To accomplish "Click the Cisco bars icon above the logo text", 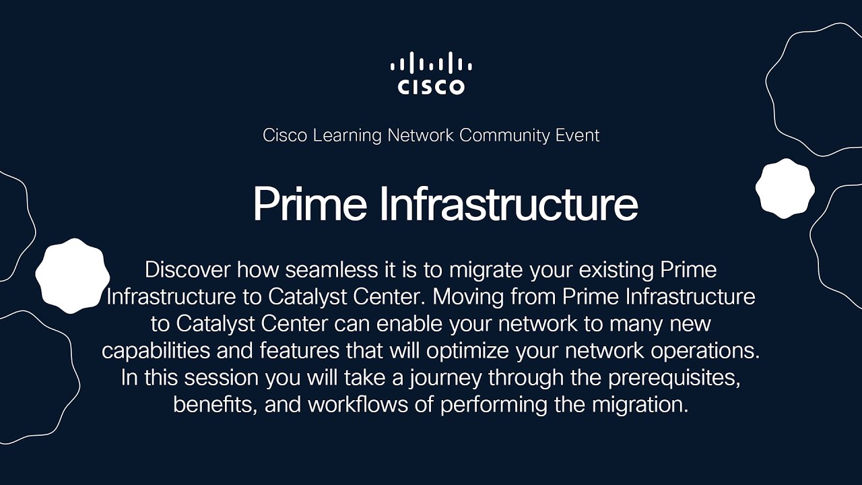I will tap(431, 64).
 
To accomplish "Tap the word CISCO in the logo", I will tap(431, 87).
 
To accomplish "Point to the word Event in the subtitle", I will tap(577, 135).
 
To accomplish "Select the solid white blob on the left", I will tap(72, 276).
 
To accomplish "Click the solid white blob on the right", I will tap(785, 189).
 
